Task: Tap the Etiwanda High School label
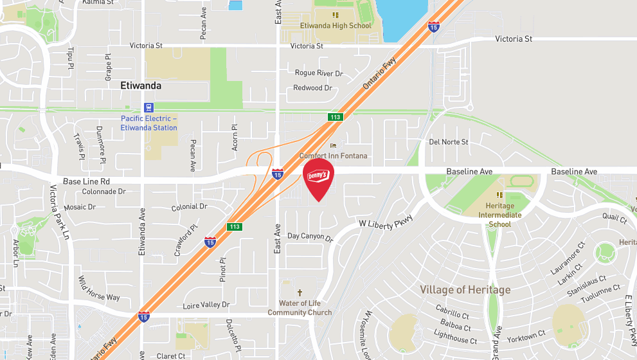pos(336,26)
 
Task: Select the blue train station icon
pos(149,107)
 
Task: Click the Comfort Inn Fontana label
pos(334,156)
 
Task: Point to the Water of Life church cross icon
pos(300,292)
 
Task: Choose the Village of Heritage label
pos(465,290)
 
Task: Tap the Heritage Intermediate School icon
pos(499,195)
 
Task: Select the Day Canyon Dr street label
pos(310,238)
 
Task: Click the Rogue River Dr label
pos(319,73)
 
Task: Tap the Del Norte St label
pos(449,141)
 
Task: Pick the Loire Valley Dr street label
pos(206,305)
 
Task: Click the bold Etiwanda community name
pos(141,85)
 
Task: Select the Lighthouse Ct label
pos(456,336)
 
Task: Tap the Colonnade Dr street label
pos(103,192)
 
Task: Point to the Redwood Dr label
pos(312,87)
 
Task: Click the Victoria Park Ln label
pos(59,212)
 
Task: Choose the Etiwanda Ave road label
pos(142,234)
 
